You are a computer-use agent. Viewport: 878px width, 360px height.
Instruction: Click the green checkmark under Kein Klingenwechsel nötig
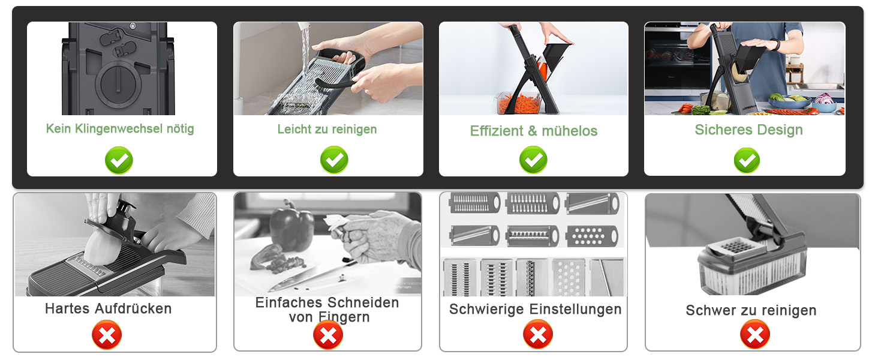click(119, 160)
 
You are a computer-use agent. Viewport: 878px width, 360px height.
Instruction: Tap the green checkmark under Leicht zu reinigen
click(334, 160)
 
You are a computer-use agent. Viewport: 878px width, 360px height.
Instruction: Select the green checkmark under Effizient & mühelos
click(533, 160)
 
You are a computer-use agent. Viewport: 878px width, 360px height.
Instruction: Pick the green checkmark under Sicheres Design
click(747, 160)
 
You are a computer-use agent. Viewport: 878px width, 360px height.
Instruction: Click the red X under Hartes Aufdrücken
click(107, 335)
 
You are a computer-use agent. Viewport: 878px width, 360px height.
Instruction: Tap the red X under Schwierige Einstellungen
click(538, 334)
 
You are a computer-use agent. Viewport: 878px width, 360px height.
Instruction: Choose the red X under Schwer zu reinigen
click(755, 334)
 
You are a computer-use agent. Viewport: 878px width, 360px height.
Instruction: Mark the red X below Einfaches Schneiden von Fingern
click(328, 335)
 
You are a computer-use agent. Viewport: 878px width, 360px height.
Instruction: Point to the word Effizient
click(497, 131)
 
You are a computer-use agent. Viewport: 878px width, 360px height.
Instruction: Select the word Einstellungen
click(578, 309)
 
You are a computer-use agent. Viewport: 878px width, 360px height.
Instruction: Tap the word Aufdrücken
click(133, 308)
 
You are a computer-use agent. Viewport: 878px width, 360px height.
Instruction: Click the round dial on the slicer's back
click(118, 83)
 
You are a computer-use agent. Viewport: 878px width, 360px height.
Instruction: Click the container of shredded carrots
click(519, 103)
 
